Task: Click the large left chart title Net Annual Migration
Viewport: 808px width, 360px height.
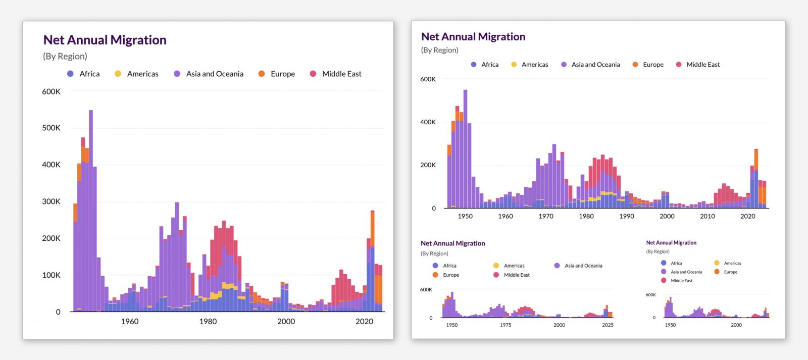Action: (x=105, y=40)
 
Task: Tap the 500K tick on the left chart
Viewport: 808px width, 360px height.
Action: (x=51, y=128)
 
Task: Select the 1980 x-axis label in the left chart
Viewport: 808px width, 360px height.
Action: (x=208, y=321)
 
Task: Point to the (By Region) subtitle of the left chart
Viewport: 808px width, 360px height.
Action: (x=65, y=56)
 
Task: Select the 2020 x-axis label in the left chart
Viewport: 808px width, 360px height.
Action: (x=364, y=321)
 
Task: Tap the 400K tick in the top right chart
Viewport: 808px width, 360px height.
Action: (x=428, y=122)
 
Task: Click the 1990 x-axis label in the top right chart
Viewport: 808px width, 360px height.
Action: (x=626, y=216)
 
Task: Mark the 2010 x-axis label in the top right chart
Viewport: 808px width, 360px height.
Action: (x=707, y=216)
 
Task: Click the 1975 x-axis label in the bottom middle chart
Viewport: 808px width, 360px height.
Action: (x=506, y=325)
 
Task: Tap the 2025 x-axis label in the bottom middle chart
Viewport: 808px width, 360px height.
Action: (x=608, y=325)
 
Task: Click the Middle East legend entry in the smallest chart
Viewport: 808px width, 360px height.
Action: (x=681, y=281)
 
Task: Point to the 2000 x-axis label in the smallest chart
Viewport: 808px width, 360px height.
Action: (x=736, y=325)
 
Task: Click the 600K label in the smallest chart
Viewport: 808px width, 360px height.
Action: (x=650, y=295)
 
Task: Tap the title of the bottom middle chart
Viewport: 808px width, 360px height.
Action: (x=452, y=243)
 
